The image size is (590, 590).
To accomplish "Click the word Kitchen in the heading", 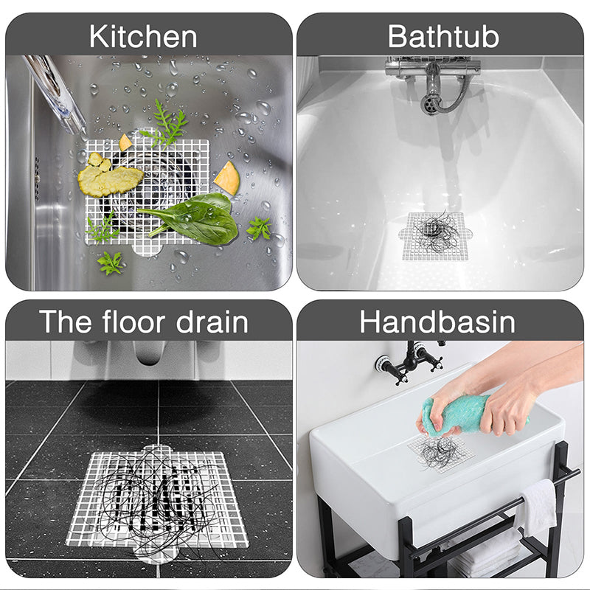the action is (x=143, y=36).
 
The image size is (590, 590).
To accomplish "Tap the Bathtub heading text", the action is (x=443, y=36).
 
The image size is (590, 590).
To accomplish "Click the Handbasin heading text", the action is (x=437, y=322).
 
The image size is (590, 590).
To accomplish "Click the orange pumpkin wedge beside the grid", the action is (x=227, y=178).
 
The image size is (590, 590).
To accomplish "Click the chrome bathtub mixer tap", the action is (x=433, y=81).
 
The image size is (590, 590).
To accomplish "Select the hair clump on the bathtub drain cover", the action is (x=437, y=232).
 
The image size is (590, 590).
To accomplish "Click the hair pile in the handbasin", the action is (x=438, y=451).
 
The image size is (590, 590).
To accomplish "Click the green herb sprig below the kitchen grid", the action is (x=110, y=263).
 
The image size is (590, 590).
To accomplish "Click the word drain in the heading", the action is (x=212, y=322).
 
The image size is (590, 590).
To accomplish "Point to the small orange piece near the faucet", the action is (x=125, y=143).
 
